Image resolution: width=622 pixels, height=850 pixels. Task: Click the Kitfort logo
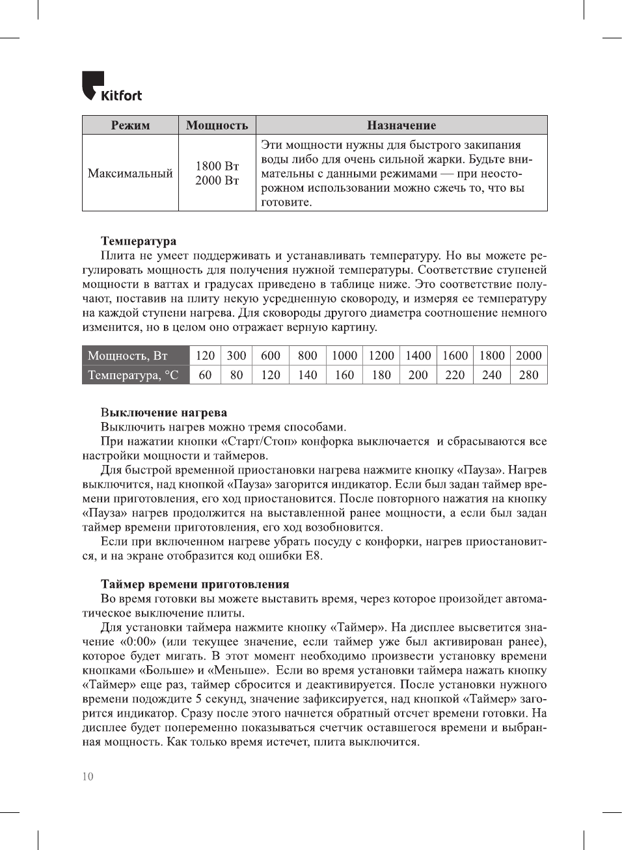(111, 87)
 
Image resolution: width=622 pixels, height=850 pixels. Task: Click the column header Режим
(130, 126)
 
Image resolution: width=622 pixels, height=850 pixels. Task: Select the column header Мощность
(217, 126)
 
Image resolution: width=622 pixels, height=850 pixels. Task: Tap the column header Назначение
(401, 126)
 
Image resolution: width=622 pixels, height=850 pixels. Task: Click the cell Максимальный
(130, 174)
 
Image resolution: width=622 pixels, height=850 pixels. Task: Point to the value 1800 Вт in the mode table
(217, 166)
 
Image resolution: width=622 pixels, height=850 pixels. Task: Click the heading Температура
(139, 241)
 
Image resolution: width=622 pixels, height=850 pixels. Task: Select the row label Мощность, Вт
(128, 356)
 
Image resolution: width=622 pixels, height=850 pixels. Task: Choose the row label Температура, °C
(133, 375)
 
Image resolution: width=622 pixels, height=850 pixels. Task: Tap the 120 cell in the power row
(205, 356)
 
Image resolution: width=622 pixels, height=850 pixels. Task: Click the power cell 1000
(344, 356)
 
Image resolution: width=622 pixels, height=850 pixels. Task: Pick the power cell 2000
(528, 356)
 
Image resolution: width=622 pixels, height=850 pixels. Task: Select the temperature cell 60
(205, 375)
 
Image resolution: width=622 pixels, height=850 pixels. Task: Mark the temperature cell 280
(528, 375)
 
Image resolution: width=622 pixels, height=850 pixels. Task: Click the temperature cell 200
(418, 375)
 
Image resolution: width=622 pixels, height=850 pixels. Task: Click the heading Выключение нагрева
(164, 412)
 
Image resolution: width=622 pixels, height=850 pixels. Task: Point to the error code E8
(314, 556)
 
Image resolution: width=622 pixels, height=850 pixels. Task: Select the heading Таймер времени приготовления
(195, 584)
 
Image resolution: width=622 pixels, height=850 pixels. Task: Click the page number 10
(88, 777)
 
